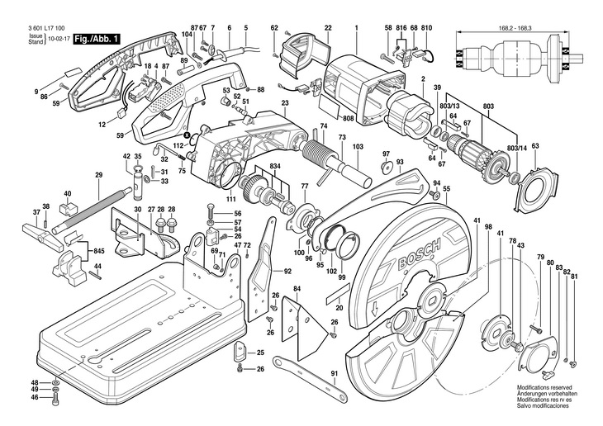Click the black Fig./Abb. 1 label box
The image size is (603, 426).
pyautogui.click(x=97, y=39)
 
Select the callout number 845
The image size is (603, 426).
pyautogui.click(x=98, y=250)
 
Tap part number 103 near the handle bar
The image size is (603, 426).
pyautogui.click(x=357, y=146)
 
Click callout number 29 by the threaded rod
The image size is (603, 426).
pyautogui.click(x=98, y=175)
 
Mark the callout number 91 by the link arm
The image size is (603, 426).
pyautogui.click(x=335, y=374)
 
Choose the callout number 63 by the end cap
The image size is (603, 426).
pyautogui.click(x=534, y=146)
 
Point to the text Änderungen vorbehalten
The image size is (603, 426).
pyautogui.click(x=546, y=393)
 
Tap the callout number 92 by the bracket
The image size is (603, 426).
pyautogui.click(x=287, y=271)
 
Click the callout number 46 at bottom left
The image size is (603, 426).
pyautogui.click(x=35, y=398)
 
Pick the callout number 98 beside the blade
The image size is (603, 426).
pyautogui.click(x=488, y=227)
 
